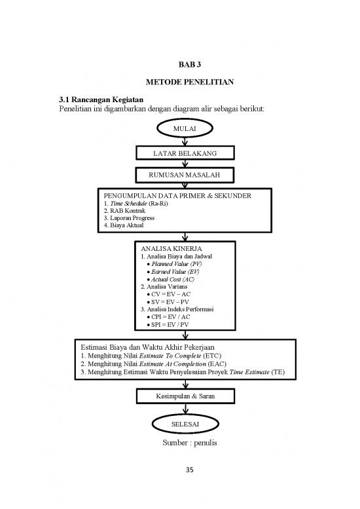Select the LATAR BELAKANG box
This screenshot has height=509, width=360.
pyautogui.click(x=185, y=153)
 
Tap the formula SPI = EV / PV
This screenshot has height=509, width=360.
pyautogui.click(x=168, y=324)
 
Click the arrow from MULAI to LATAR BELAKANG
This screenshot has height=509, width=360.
pyautogui.click(x=185, y=141)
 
